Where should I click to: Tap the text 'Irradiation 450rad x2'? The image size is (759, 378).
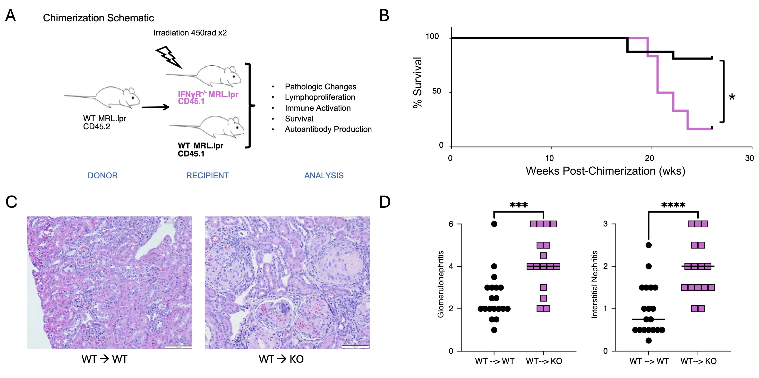190,33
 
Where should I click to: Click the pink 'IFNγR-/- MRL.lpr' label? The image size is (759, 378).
208,94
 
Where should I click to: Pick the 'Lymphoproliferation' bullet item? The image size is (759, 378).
320,97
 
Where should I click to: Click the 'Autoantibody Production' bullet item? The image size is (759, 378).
328,129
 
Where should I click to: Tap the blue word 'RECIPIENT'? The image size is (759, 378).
207,176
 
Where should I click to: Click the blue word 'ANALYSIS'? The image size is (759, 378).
324,176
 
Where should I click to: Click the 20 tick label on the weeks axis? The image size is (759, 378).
649,158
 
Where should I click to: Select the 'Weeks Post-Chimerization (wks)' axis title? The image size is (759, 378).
605,171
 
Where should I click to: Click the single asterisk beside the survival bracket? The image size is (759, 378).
732,97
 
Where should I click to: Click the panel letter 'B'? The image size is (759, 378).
384,16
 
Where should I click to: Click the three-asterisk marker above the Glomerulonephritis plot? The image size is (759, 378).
519,205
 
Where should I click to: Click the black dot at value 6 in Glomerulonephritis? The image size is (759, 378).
494,224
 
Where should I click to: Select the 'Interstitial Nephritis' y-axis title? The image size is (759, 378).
595,284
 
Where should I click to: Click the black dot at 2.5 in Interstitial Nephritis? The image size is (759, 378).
648,245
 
